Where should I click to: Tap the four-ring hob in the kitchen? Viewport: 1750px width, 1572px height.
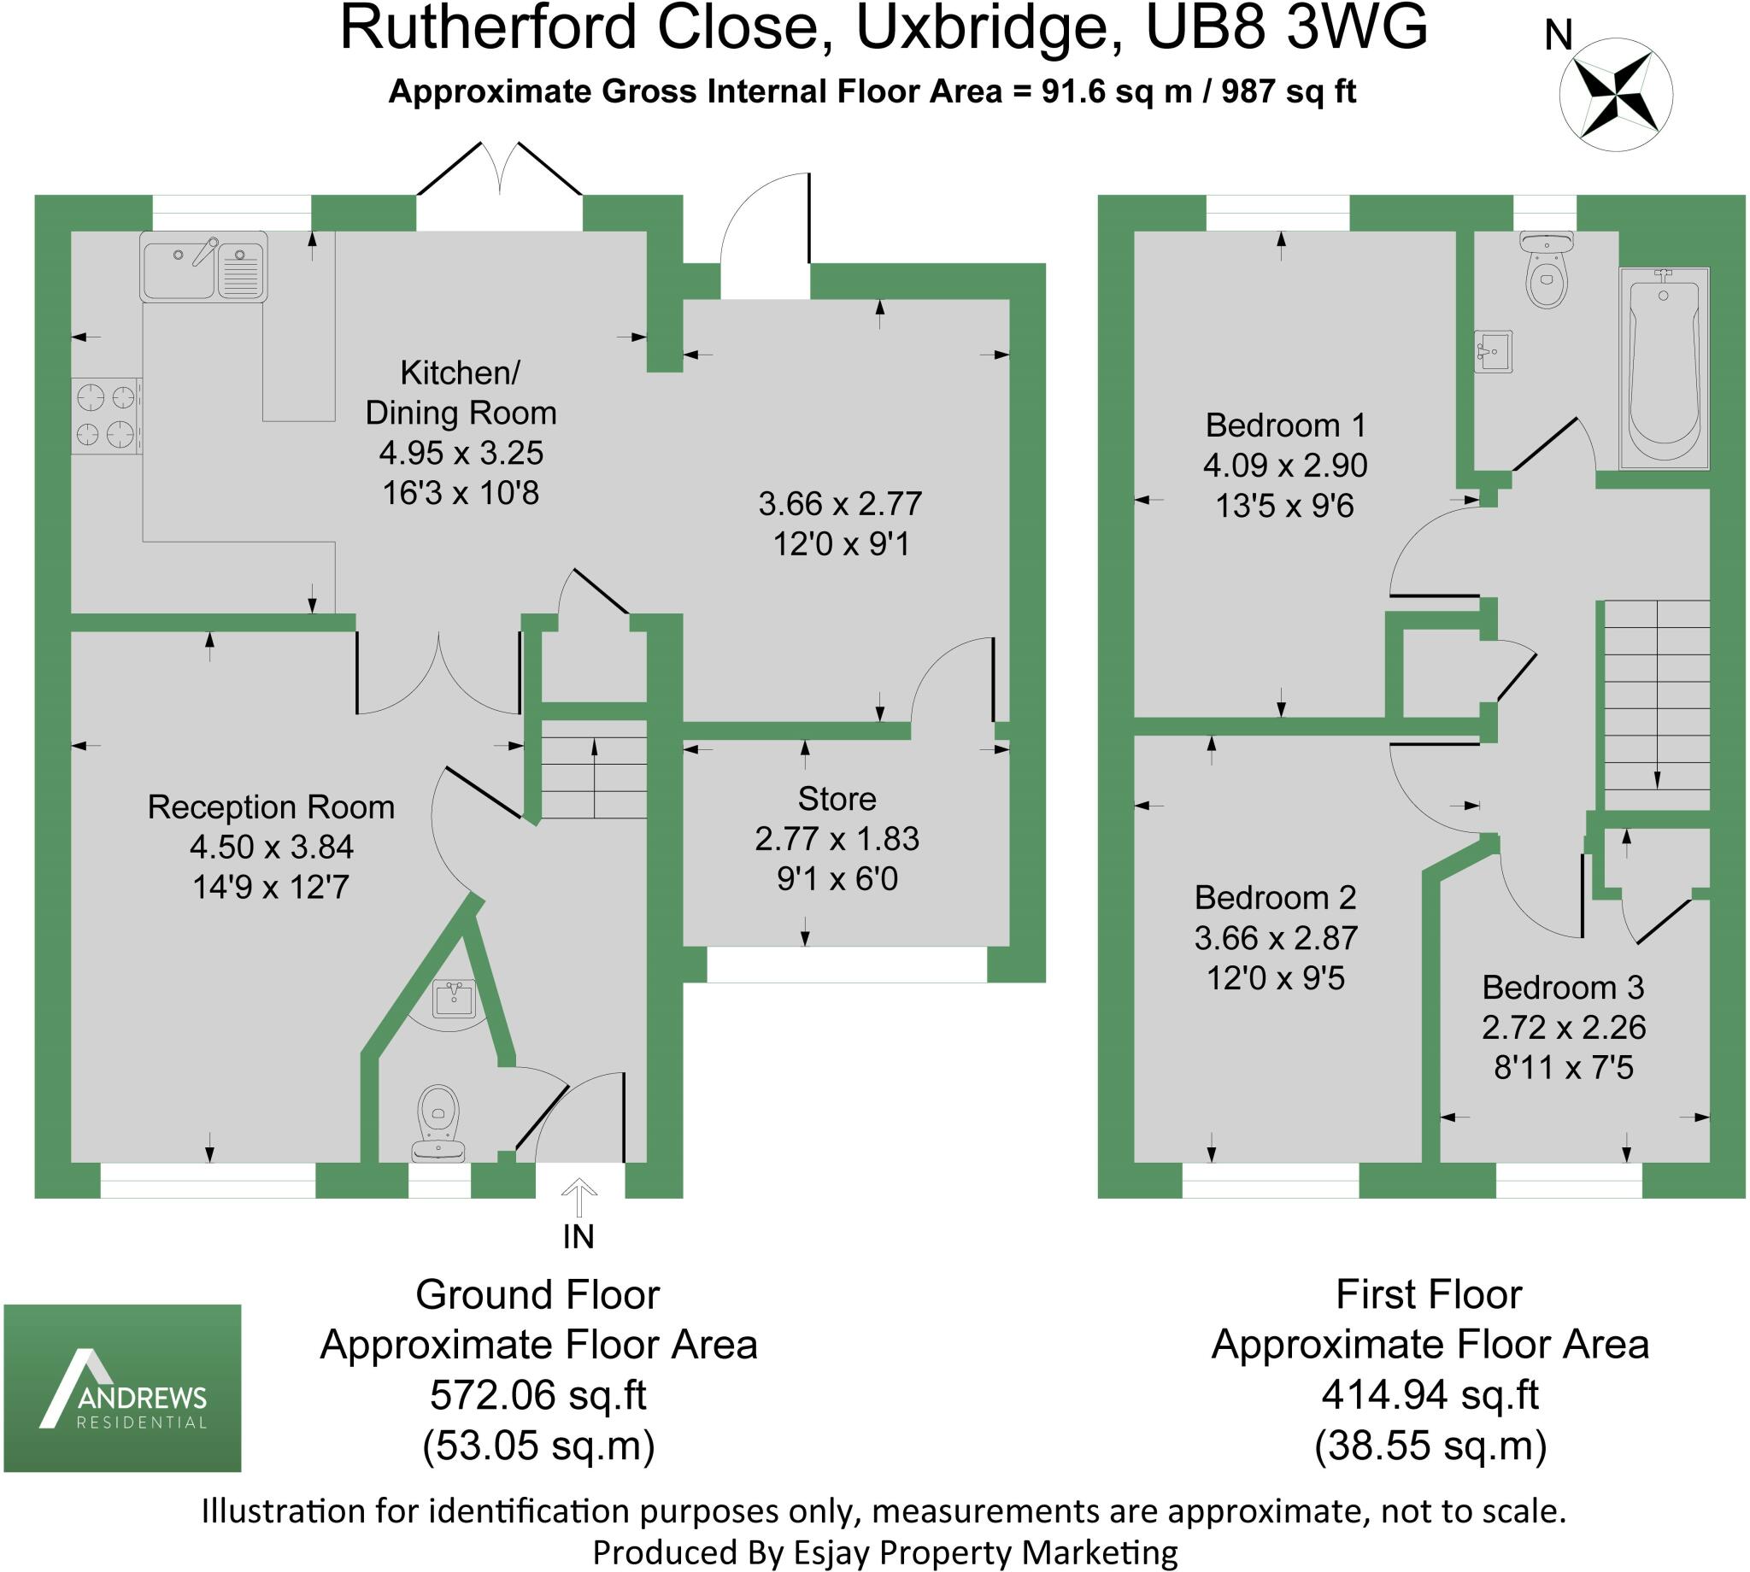(106, 416)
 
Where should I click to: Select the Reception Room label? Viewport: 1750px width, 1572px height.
(270, 807)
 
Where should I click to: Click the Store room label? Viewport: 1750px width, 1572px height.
(837, 799)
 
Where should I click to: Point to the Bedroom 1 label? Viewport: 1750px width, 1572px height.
(1284, 425)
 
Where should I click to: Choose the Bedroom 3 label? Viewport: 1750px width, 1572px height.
(1563, 987)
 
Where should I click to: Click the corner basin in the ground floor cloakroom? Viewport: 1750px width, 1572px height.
(454, 1000)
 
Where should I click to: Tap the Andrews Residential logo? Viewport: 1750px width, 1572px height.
(123, 1387)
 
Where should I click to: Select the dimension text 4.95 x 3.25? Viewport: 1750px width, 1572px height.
(461, 453)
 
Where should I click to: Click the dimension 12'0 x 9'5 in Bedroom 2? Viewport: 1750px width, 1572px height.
(1275, 977)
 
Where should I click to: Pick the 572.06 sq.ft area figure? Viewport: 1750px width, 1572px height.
(538, 1395)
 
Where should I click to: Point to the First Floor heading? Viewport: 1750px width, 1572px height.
(1429, 1293)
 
